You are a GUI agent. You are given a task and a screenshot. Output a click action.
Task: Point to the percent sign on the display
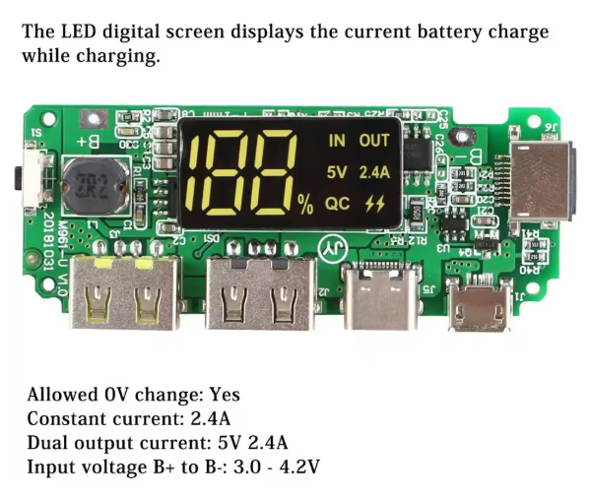pos(305,205)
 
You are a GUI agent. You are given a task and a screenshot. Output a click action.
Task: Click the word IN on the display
pos(337,141)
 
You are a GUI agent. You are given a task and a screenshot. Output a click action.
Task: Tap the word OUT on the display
pos(374,141)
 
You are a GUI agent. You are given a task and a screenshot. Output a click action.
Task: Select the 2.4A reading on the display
pos(374,172)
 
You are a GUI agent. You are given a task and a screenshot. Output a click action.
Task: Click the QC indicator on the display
pos(338,203)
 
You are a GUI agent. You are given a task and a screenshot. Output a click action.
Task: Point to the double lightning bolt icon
pos(374,203)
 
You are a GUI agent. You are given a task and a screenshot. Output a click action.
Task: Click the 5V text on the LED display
pos(337,172)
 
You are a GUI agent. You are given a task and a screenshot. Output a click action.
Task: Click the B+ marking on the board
pos(88,142)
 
